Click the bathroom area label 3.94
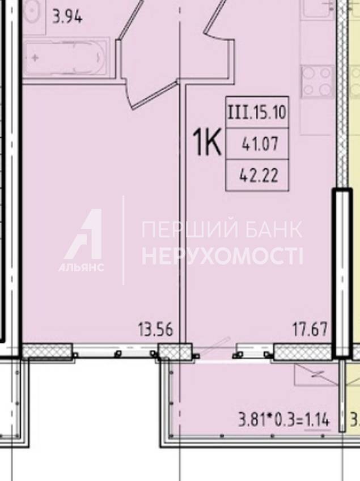pos(67,16)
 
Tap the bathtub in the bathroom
pos(66,57)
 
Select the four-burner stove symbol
pos(317,82)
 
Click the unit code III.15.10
pos(257,112)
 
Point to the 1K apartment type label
pos(206,143)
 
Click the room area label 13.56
pos(155,330)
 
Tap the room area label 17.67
pos(310,330)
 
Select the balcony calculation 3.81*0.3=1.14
pos(284,420)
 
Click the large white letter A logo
pos(83,234)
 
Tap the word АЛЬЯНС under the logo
pos(81,267)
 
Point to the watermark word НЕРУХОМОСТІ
pos(222,257)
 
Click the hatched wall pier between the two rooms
pos(175,352)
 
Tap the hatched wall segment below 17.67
pos(303,352)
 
